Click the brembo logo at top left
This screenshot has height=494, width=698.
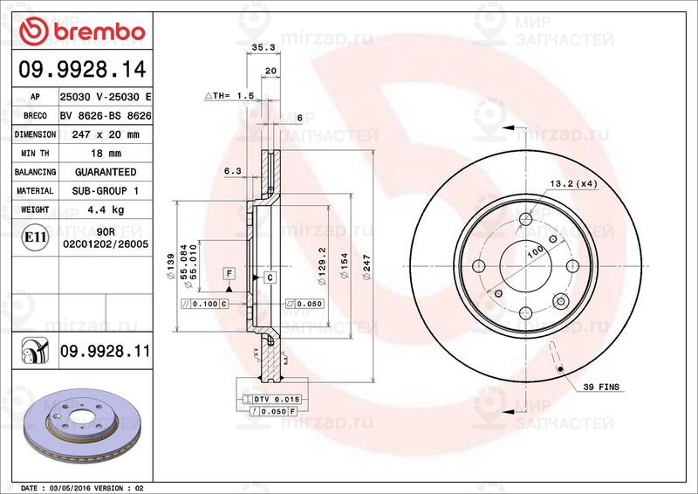79,32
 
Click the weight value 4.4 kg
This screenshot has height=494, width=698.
106,209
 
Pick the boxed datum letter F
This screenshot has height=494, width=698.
229,273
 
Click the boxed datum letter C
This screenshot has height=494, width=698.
270,278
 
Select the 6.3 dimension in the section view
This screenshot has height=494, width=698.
232,172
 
